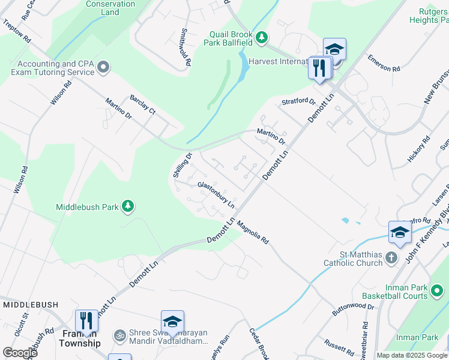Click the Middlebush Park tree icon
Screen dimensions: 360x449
(127, 207)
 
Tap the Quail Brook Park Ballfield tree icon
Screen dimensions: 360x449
(261, 38)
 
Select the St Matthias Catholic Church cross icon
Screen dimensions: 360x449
(391, 258)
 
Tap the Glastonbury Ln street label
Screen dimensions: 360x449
(216, 195)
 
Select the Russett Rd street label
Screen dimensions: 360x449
(339, 346)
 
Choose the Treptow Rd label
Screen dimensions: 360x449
(17, 30)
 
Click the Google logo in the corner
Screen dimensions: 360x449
(20, 353)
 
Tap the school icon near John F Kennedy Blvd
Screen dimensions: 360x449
(400, 233)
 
